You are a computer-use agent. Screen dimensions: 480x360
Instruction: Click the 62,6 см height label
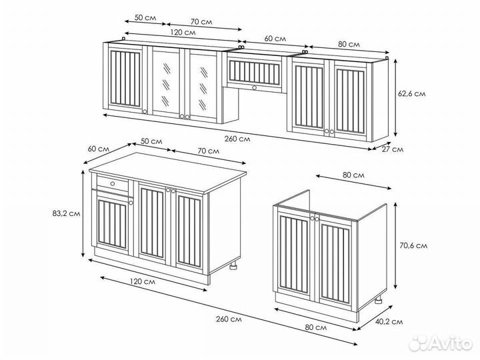(411, 94)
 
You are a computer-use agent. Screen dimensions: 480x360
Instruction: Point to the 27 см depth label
(393, 149)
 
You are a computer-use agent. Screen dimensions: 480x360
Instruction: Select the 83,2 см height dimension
(66, 213)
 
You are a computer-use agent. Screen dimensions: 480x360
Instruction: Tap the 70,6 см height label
(413, 245)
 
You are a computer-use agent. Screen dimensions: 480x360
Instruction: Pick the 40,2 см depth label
(389, 322)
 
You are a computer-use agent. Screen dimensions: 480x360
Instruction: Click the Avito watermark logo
(441, 343)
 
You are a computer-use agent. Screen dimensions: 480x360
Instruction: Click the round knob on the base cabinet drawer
(113, 184)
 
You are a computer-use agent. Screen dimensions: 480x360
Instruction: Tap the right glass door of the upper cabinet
(203, 86)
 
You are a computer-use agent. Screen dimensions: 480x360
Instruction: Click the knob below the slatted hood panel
(254, 87)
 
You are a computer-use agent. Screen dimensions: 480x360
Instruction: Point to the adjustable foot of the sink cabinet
(379, 299)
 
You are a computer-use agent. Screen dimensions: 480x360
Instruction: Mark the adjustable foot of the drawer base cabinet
(233, 265)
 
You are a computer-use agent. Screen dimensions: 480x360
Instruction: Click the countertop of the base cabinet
(168, 172)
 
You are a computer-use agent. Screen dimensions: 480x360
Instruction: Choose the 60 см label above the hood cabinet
(275, 39)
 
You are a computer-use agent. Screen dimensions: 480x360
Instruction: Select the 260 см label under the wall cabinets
(237, 139)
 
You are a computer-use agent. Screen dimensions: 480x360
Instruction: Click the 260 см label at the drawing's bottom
(229, 319)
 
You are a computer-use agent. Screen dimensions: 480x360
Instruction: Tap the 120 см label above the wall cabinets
(183, 32)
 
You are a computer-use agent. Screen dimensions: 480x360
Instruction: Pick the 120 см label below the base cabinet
(143, 281)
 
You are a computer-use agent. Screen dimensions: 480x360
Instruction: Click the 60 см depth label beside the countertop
(98, 149)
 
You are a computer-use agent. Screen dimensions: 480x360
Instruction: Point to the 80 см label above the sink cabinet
(353, 175)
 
